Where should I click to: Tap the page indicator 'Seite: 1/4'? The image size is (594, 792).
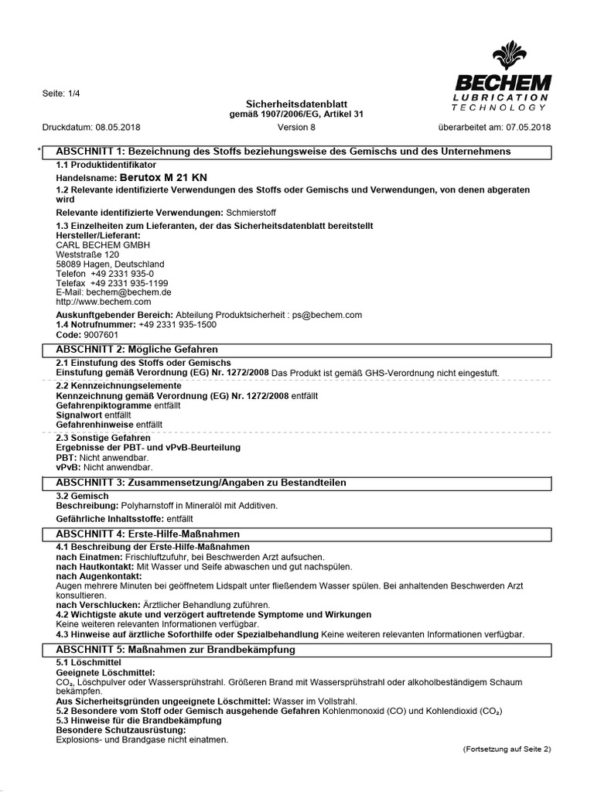(x=61, y=94)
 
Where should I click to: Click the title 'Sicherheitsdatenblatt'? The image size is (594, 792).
(x=296, y=103)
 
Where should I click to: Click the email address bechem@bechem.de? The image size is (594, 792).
(x=128, y=292)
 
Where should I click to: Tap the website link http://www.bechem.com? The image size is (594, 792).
(x=104, y=302)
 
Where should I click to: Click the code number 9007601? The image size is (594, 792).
(x=101, y=335)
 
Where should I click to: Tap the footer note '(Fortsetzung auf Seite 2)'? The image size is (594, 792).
(x=507, y=749)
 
